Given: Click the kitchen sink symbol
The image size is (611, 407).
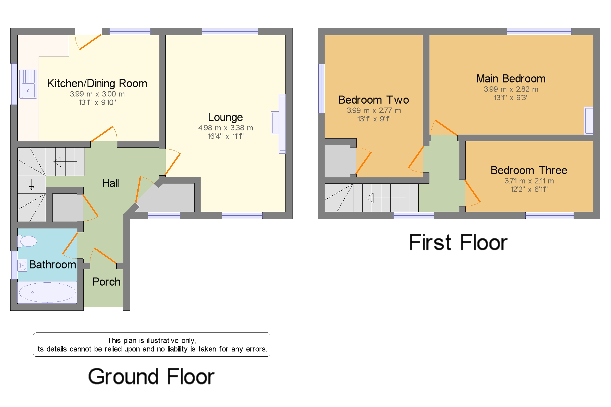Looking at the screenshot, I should pyautogui.click(x=28, y=84).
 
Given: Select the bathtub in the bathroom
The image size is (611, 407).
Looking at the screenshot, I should pyautogui.click(x=47, y=292).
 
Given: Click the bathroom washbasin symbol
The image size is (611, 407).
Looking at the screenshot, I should pyautogui.click(x=22, y=266).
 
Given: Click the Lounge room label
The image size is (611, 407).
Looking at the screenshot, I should pyautogui.click(x=225, y=117).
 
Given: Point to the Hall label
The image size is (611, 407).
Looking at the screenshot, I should pyautogui.click(x=111, y=183).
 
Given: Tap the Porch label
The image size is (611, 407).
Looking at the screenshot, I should pyautogui.click(x=106, y=282).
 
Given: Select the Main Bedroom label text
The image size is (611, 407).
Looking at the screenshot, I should pyautogui.click(x=511, y=79).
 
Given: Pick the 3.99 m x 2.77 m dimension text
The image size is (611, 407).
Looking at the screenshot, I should pyautogui.click(x=374, y=111).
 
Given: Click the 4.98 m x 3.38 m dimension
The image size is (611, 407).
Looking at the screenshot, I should pyautogui.click(x=225, y=128).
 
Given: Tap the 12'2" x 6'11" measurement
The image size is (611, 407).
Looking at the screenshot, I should pyautogui.click(x=529, y=190).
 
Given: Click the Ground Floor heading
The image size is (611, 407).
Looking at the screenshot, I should pyautogui.click(x=151, y=377).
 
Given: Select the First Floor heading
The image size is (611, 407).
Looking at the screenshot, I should pyautogui.click(x=458, y=243).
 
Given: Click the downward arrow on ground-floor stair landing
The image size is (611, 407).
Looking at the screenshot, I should pyautogui.click(x=32, y=185).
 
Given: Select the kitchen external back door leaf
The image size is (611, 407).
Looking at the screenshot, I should pyautogui.click(x=90, y=42).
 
